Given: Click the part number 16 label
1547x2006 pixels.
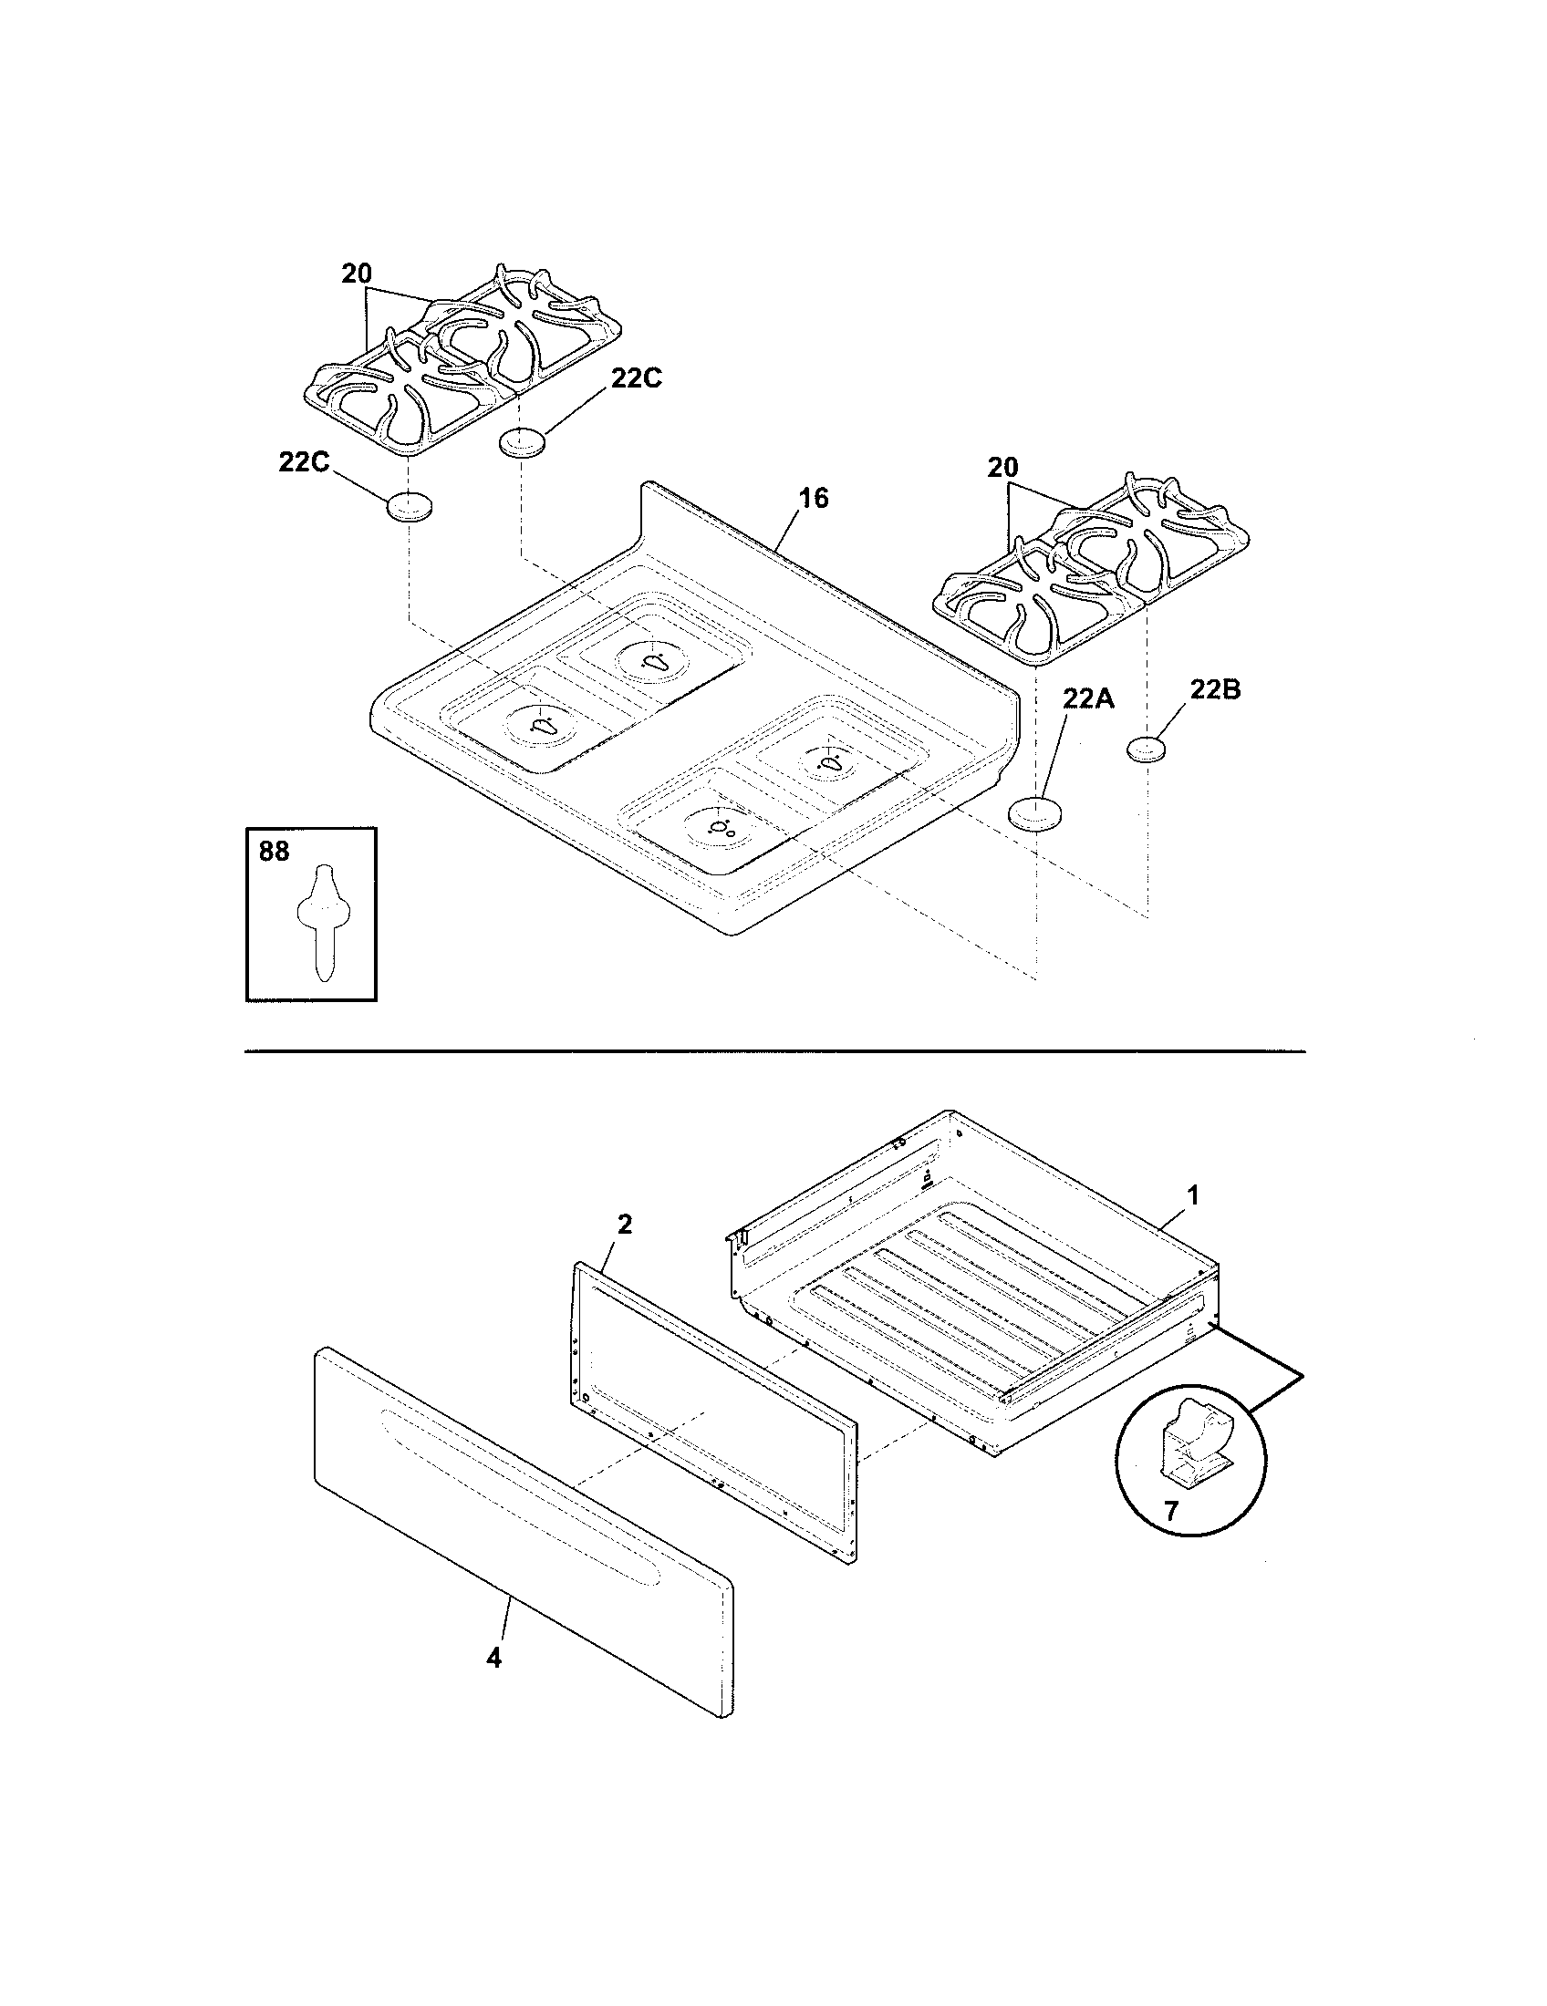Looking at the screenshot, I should (813, 499).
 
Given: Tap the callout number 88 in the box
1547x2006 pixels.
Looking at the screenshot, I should (274, 853).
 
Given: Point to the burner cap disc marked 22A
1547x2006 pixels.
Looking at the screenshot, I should (1035, 813).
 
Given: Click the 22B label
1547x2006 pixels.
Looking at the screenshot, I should (1215, 690).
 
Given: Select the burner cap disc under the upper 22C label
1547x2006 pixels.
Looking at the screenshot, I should (522, 443).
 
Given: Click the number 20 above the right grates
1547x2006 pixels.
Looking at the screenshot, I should (1003, 468).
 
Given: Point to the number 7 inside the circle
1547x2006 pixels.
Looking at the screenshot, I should (1170, 1511).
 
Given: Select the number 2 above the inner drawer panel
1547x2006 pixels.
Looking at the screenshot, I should (624, 1225).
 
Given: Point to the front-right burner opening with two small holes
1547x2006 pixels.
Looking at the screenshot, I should (718, 826).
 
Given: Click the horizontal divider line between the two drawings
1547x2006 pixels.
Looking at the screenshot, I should (773, 1050).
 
